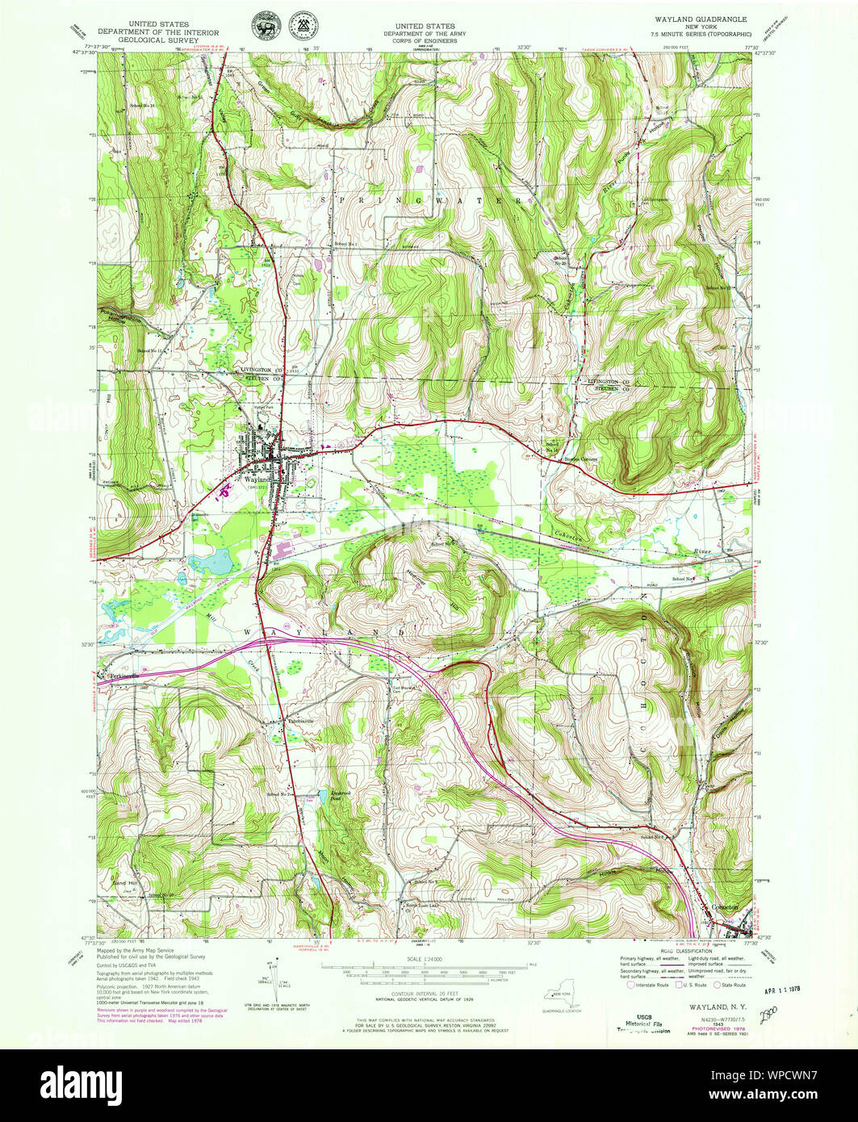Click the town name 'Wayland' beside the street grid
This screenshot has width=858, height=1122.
[x=255, y=478]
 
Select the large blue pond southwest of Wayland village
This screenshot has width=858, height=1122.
[x=208, y=559]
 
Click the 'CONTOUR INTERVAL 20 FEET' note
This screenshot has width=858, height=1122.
[x=428, y=994]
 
